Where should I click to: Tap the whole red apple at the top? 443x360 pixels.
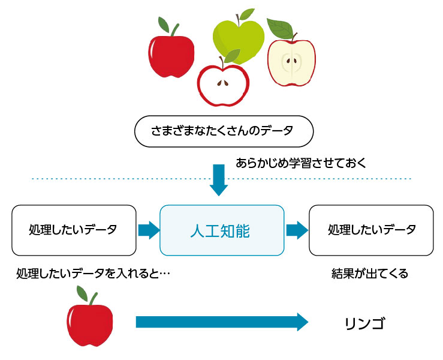click(x=171, y=56)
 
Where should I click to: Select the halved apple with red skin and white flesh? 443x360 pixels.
click(x=222, y=85)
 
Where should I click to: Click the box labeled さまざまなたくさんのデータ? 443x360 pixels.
click(x=224, y=130)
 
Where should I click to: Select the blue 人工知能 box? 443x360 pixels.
click(x=221, y=230)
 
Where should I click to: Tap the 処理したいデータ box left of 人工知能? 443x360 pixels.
click(x=73, y=230)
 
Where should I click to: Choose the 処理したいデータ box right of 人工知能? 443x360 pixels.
click(x=371, y=230)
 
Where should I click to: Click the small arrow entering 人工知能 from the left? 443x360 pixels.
click(x=149, y=230)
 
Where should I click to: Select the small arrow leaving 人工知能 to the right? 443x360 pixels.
click(x=296, y=230)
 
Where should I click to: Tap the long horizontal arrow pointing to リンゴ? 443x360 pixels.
click(x=222, y=322)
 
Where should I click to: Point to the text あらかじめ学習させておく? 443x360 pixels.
click(x=300, y=163)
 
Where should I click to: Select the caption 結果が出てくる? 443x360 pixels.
click(x=370, y=274)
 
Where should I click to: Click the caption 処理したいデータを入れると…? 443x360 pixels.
click(x=94, y=274)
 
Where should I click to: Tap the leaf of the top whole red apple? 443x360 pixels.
click(x=164, y=25)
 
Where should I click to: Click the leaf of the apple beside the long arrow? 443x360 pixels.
click(x=82, y=294)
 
